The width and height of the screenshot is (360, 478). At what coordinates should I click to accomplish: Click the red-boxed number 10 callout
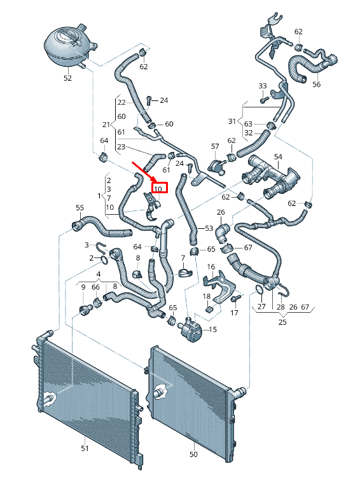tap(158, 189)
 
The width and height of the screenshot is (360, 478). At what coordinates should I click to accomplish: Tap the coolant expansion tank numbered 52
tap(70, 45)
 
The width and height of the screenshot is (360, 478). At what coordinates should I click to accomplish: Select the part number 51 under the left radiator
tap(85, 448)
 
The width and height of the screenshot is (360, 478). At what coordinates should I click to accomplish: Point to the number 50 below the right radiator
tap(193, 454)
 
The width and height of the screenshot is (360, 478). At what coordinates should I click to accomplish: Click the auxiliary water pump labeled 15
tap(191, 329)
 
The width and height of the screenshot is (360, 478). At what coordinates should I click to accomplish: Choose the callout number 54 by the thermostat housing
tap(278, 157)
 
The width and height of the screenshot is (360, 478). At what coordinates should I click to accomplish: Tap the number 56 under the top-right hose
tap(316, 84)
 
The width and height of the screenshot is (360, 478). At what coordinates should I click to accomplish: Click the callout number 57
tap(215, 146)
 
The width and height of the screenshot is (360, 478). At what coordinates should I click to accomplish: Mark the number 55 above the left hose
tap(80, 208)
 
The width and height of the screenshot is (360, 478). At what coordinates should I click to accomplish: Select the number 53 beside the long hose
tap(209, 228)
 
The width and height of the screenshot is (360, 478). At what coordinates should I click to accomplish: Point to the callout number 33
tap(263, 86)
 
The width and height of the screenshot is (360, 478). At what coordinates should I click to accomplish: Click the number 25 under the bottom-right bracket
tap(282, 322)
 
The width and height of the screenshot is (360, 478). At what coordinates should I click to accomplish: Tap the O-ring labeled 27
tap(260, 290)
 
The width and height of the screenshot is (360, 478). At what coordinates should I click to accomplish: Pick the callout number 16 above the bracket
tap(211, 267)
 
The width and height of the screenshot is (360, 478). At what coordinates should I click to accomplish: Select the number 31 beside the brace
tap(232, 121)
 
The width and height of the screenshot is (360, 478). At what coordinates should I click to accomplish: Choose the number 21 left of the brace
tap(106, 125)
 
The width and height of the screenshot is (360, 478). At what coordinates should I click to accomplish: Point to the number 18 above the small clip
tap(207, 296)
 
